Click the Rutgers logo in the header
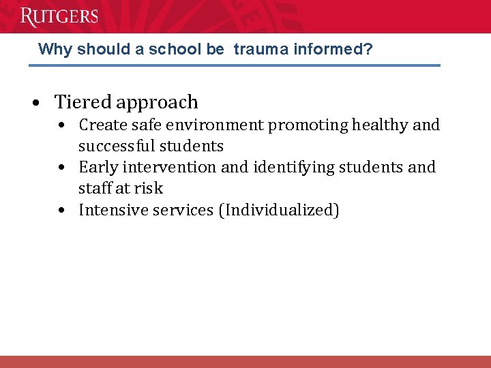[59, 16]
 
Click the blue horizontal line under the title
[234, 65]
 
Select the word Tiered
[83, 102]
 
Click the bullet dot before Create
[62, 126]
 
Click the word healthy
[383, 125]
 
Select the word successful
[115, 147]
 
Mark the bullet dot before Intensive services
[62, 211]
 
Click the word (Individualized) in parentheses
[278, 211]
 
